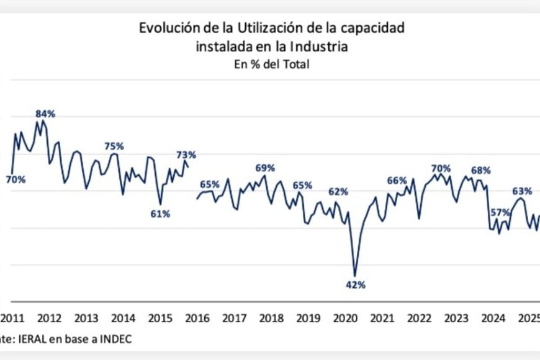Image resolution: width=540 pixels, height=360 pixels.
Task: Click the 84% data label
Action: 45,114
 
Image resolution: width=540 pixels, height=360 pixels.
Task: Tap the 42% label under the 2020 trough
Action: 356,285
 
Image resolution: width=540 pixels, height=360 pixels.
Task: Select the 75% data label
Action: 114,146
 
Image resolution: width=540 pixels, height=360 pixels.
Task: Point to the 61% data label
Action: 160,214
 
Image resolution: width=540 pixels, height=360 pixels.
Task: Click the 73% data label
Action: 186,155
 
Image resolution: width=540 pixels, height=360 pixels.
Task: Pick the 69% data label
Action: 265,168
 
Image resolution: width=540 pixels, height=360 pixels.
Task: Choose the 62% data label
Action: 338,191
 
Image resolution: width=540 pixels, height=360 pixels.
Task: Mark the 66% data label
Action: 397,180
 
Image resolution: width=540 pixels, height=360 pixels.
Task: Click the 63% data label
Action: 522,191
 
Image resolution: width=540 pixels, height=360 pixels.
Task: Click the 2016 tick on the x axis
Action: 197,318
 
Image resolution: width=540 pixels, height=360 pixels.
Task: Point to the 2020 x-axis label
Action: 346,318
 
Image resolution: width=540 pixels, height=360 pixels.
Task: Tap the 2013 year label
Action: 86,318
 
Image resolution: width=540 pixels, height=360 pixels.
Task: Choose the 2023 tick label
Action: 457,318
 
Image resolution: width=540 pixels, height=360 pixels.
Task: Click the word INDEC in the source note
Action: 114,339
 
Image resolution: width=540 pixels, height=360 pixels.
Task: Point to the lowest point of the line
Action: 355,276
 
